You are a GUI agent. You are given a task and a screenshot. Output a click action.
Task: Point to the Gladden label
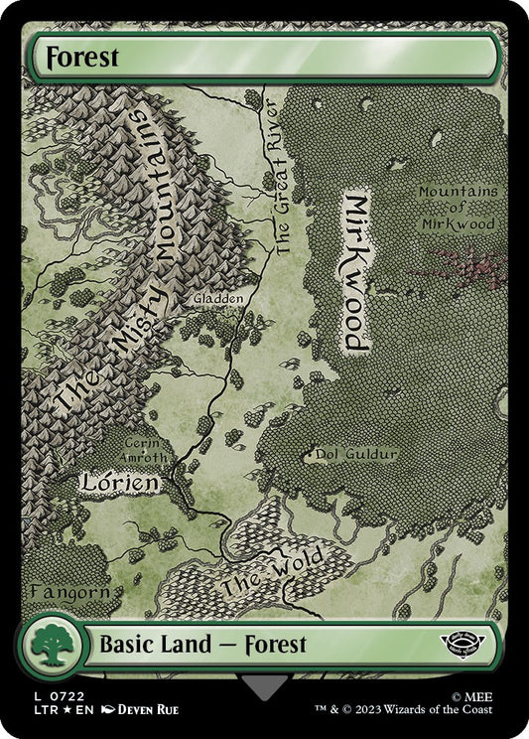[x=218, y=298]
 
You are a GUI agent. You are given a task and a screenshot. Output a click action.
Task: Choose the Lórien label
[x=120, y=484]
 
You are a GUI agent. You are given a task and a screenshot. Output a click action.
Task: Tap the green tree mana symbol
[x=48, y=647]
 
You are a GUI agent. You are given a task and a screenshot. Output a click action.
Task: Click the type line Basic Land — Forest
[x=202, y=644]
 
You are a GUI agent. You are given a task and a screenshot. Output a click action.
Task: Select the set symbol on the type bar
[x=464, y=645]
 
